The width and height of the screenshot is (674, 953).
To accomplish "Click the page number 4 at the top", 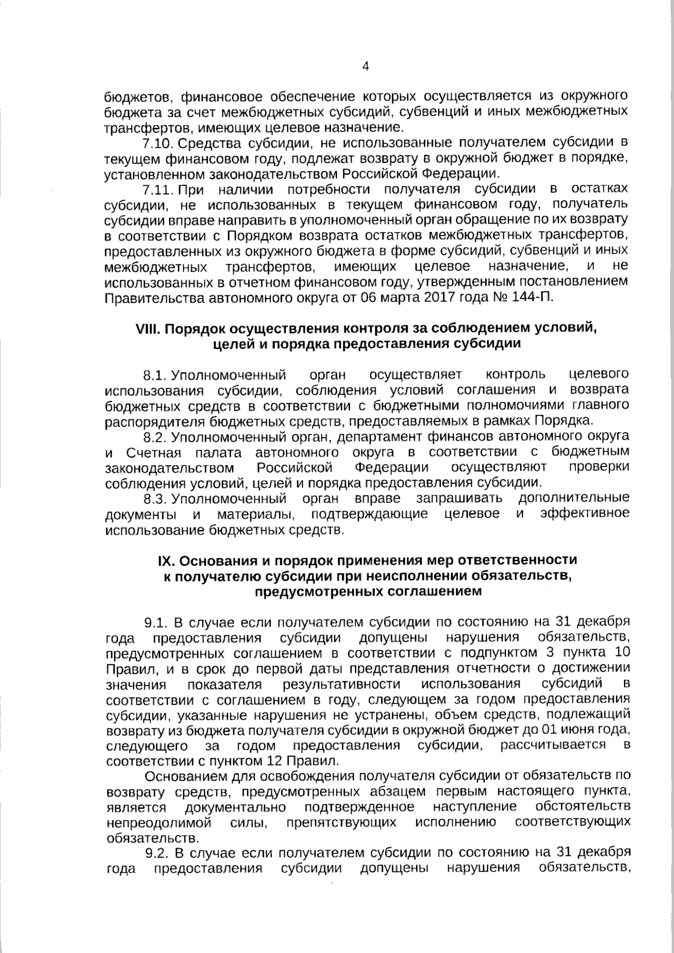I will pos(366,67).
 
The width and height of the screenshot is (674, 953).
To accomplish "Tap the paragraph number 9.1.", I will pos(156,622).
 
